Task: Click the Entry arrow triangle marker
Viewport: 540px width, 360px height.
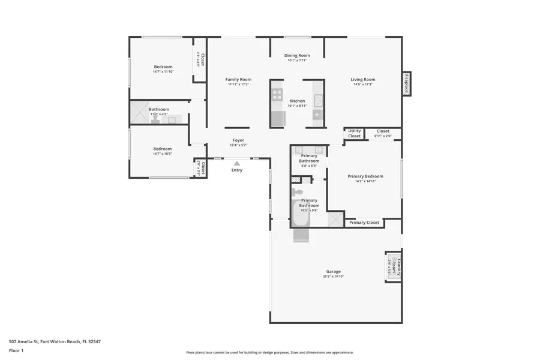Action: pos(237,163)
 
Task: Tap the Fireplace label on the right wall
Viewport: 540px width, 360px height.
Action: pos(406,83)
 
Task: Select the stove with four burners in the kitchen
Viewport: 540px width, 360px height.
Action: pos(277,95)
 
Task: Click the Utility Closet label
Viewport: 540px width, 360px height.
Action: pos(355,133)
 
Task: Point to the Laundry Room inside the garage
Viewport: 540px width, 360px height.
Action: pos(393,266)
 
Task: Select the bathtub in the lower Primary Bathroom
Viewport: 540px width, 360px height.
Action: pos(300,215)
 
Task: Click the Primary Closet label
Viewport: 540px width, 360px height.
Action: pos(364,223)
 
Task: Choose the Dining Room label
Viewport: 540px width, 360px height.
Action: pos(297,55)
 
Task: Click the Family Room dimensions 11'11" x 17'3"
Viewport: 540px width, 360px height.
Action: pos(238,85)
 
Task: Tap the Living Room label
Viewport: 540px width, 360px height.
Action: pos(363,79)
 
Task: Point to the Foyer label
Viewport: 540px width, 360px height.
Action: pos(238,140)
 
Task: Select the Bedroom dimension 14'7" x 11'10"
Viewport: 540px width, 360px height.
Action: pos(163,72)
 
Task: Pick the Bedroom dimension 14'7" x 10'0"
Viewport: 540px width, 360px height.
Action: pos(162,154)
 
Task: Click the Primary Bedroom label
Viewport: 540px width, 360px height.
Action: pos(365,176)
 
